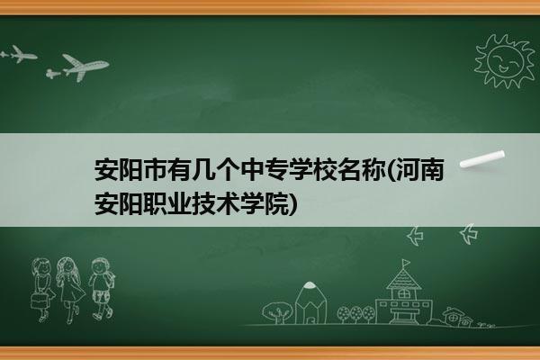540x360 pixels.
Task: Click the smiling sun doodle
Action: tap(505, 61)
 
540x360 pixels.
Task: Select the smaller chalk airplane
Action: tap(19, 54)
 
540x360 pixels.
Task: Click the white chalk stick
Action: tap(482, 159)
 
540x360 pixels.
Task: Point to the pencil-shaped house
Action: tap(310, 303)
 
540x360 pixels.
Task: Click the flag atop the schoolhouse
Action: tap(406, 264)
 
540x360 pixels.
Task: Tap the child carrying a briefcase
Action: tap(42, 290)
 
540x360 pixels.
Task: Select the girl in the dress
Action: tap(70, 290)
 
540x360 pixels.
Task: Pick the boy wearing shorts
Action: tap(102, 289)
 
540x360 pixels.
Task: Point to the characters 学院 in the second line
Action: tap(265, 204)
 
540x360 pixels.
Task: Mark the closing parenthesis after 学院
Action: tap(292, 204)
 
